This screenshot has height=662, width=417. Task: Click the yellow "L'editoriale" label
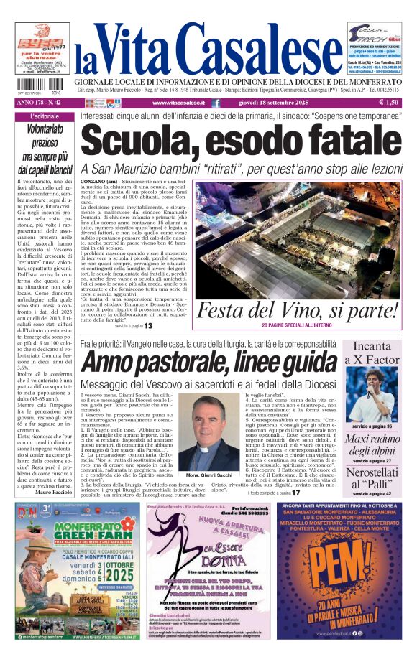45,116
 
